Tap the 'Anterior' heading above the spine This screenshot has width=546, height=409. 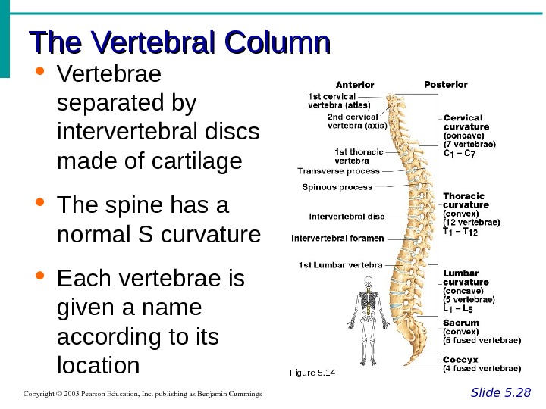tap(356, 84)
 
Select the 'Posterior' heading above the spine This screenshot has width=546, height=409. tap(445, 83)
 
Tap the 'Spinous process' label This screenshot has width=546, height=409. tap(337, 186)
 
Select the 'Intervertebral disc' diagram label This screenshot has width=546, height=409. tap(347, 217)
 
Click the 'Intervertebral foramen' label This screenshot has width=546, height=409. tap(336, 239)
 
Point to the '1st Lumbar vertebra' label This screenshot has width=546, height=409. tap(340, 265)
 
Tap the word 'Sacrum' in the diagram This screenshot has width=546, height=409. tap(461, 323)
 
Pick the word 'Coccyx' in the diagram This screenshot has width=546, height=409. tap(460, 359)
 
